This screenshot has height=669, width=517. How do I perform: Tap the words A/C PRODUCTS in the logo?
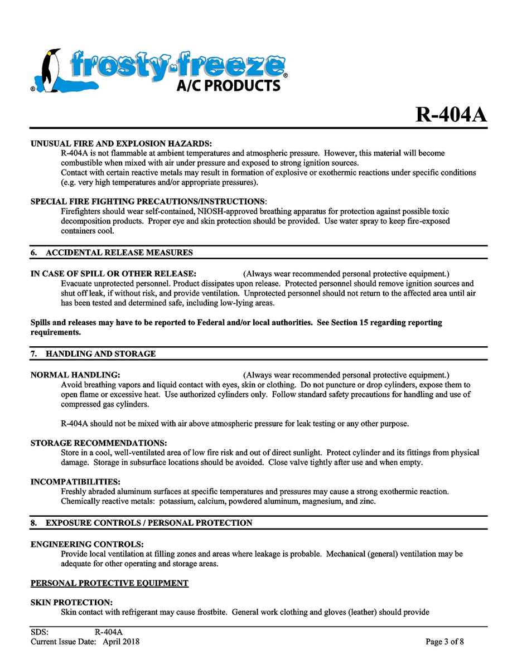(228, 85)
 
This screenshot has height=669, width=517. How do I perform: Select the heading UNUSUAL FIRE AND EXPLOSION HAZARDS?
(121, 144)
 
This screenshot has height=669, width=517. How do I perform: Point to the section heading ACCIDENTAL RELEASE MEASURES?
(119, 253)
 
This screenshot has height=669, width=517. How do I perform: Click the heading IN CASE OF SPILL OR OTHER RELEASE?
(113, 274)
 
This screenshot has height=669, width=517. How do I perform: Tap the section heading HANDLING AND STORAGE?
(100, 354)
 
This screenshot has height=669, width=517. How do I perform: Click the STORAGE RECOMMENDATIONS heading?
(99, 443)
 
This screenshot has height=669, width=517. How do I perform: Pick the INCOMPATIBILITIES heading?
(75, 482)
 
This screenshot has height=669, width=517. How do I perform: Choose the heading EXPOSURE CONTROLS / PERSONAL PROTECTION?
(149, 523)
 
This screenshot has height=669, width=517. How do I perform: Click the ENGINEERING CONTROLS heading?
(87, 544)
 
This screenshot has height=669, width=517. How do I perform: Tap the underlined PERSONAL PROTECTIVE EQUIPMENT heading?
(109, 583)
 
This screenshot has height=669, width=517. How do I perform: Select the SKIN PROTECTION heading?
(71, 603)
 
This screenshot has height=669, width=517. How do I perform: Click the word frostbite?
(209, 612)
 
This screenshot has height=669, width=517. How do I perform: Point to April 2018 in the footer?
(121, 642)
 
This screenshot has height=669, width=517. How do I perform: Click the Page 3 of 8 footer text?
(444, 642)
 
